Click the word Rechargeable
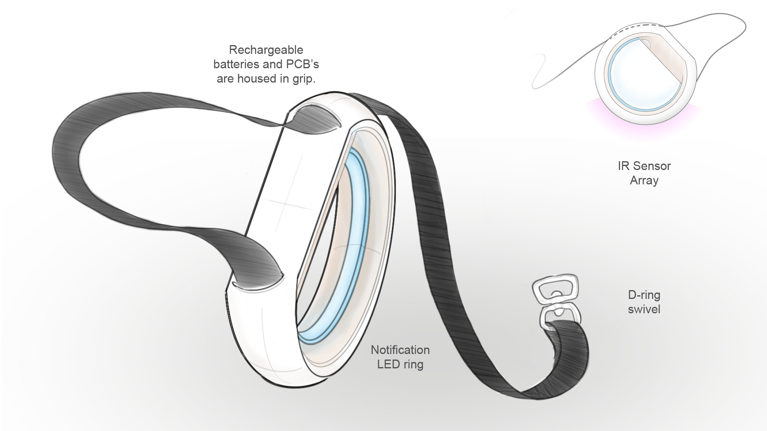[x=266, y=50]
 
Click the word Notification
[x=400, y=350]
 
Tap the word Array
[x=644, y=180]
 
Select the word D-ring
[x=644, y=295]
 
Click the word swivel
[x=644, y=309]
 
